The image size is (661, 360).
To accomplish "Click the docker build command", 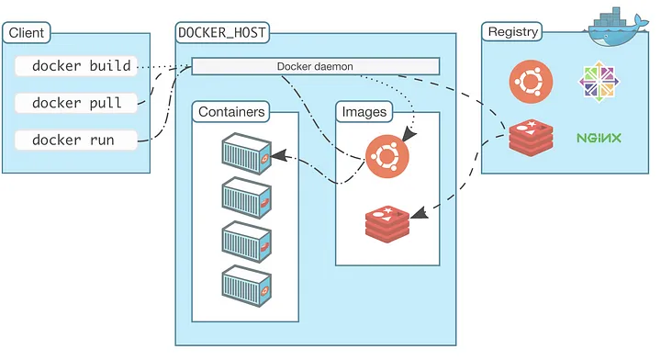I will pyautogui.click(x=81, y=66).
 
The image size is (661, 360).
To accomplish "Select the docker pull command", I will pyautogui.click(x=77, y=103).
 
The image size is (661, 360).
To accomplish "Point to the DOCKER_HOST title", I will pyautogui.click(x=222, y=34).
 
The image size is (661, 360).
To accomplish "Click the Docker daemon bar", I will pyautogui.click(x=315, y=66).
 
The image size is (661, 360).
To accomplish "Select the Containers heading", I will pyautogui.click(x=231, y=112).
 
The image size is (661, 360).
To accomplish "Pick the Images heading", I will pyautogui.click(x=364, y=112).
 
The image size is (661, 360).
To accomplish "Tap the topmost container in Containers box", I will pyautogui.click(x=246, y=155).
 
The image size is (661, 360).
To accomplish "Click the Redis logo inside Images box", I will pyautogui.click(x=387, y=221).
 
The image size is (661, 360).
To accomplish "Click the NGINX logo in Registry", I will pyautogui.click(x=599, y=139).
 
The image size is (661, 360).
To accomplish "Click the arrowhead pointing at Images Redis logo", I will pyautogui.click(x=417, y=213).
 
